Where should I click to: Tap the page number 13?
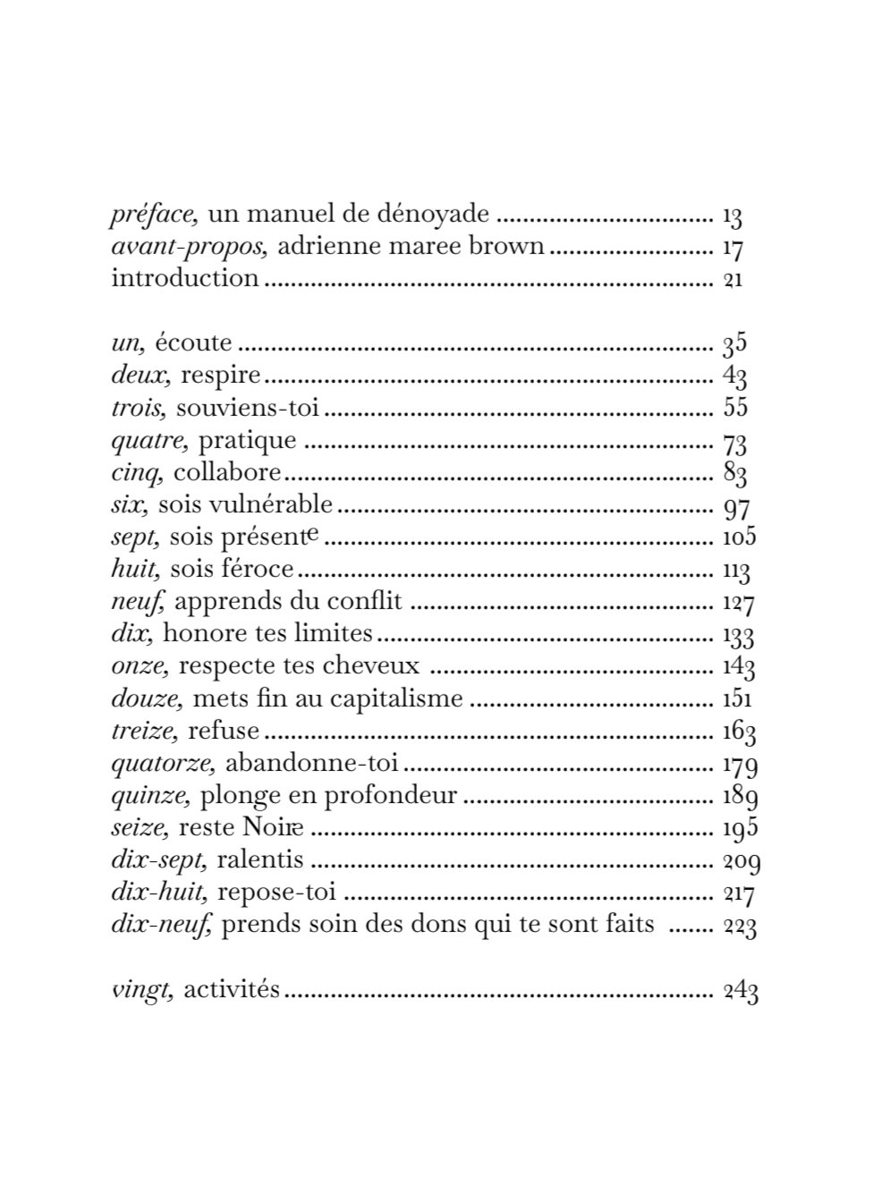pyautogui.click(x=733, y=216)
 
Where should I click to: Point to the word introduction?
pyautogui.click(x=185, y=278)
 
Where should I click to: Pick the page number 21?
pyautogui.click(x=733, y=279)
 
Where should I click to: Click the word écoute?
pyautogui.click(x=193, y=343)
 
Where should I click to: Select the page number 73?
pyautogui.click(x=735, y=441)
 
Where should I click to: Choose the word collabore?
pyautogui.click(x=227, y=472)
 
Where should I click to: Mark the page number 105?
pyautogui.click(x=739, y=537)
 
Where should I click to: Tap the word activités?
pyautogui.click(x=232, y=990)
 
